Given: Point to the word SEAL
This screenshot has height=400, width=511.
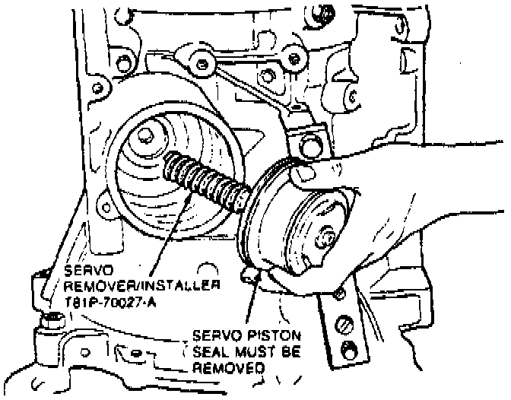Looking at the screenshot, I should [x=211, y=351].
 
